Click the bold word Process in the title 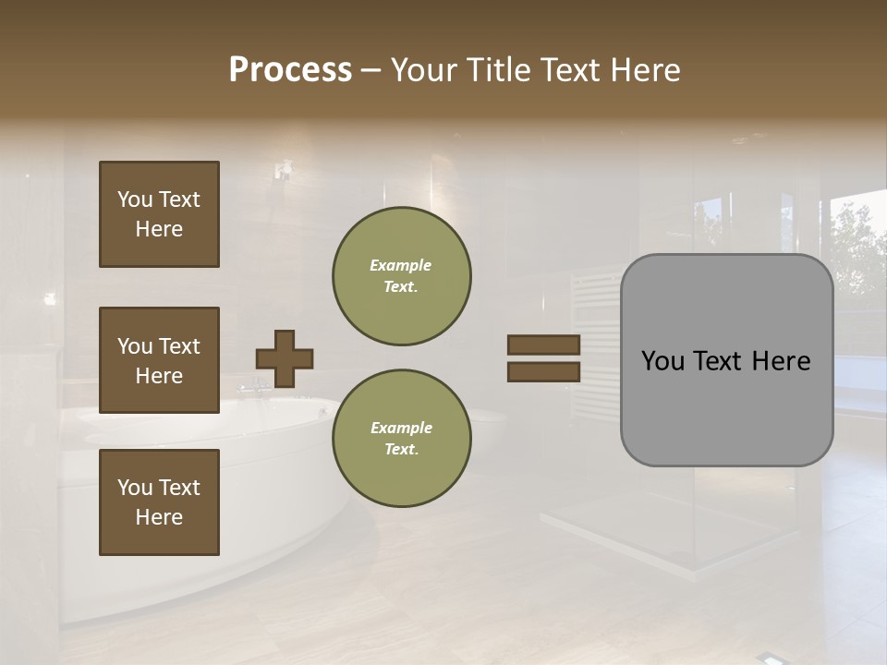[x=290, y=70]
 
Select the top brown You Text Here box [x=159, y=214]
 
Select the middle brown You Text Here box [x=159, y=360]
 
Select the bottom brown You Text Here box [x=159, y=502]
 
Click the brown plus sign [x=285, y=358]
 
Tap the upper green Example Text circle [x=401, y=276]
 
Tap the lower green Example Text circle [x=401, y=439]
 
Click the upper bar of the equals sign [x=543, y=345]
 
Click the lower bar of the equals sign [x=543, y=371]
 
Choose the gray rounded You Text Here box [x=726, y=360]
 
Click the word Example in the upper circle [x=401, y=265]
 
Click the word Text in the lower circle [x=401, y=450]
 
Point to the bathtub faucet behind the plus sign [x=250, y=383]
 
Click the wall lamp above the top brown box [x=283, y=171]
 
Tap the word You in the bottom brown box [x=134, y=488]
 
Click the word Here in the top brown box [x=159, y=229]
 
